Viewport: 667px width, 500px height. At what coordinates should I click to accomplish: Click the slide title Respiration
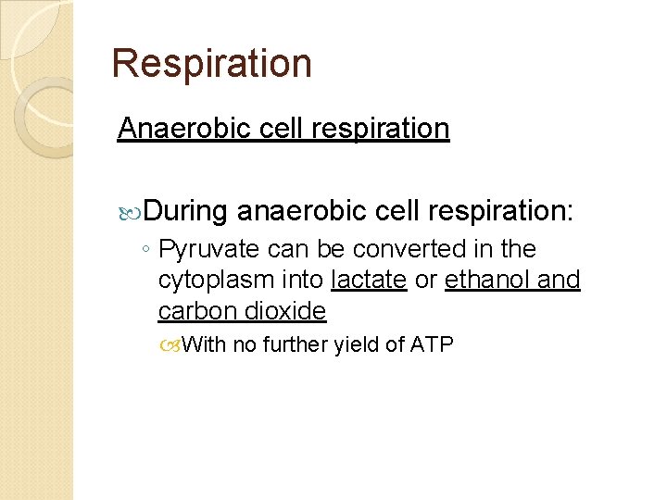(211, 64)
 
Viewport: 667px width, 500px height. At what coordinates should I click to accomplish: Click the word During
(185, 211)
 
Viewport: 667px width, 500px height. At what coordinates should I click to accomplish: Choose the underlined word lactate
(369, 280)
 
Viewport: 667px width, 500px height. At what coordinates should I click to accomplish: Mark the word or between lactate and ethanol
(426, 281)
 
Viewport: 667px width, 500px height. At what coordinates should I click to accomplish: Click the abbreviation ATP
(432, 345)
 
